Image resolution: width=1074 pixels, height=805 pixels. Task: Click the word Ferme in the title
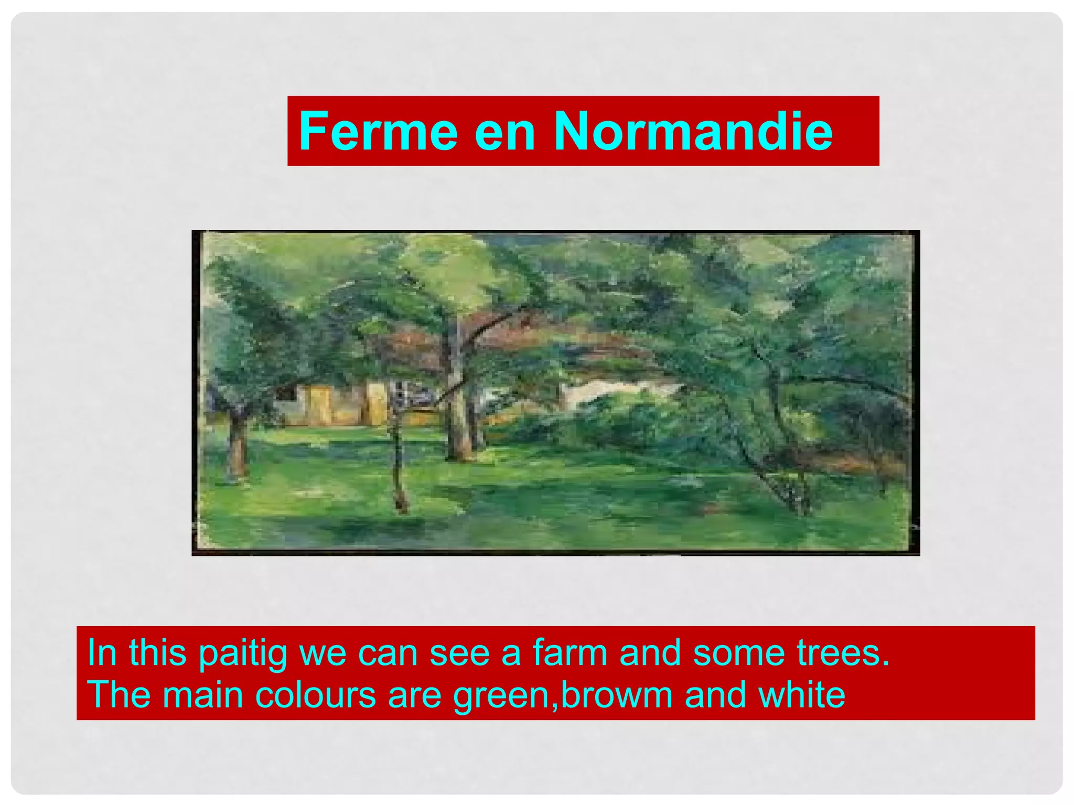tap(378, 131)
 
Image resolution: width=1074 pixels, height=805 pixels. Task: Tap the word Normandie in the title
tap(693, 131)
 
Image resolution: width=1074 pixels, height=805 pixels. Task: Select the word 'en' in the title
tap(504, 132)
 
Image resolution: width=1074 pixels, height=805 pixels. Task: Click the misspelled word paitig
tap(243, 653)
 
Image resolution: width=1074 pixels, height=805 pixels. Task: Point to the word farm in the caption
tap(570, 652)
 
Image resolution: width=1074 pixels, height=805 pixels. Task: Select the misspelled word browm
tap(617, 694)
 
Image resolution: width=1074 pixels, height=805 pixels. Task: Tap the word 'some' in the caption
tap(739, 653)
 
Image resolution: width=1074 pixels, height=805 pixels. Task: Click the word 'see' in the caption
tap(459, 653)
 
